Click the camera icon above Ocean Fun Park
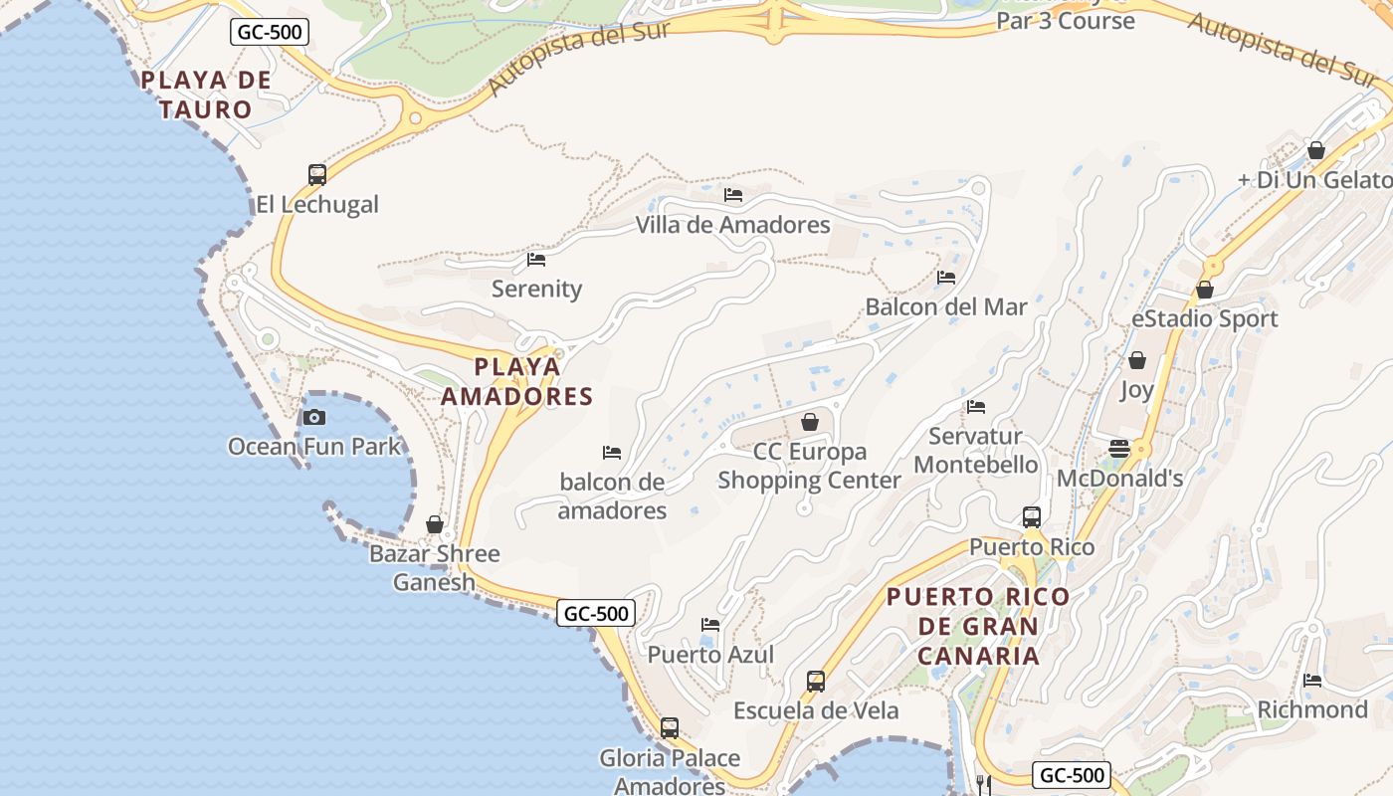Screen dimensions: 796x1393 [314, 417]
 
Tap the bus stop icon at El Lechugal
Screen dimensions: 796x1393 [317, 175]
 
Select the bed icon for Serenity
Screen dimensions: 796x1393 [536, 260]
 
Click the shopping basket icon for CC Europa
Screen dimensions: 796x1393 [810, 422]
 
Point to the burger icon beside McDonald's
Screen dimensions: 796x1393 [1119, 448]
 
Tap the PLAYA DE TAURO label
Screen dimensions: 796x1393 [206, 95]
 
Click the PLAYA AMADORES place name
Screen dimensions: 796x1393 [516, 381]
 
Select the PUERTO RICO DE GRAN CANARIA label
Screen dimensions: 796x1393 [978, 626]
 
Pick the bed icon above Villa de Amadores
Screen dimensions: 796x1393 [733, 195]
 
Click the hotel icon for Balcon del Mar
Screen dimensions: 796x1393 [945, 277]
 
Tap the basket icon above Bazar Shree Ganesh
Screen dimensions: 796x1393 [435, 523]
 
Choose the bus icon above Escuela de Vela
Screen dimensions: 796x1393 [816, 681]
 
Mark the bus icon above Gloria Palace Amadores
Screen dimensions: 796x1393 [670, 727]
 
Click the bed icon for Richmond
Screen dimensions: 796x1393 [1312, 681]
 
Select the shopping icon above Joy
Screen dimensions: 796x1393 [1137, 359]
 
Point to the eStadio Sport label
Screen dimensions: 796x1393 [1204, 319]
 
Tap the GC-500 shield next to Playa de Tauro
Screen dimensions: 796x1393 [270, 32]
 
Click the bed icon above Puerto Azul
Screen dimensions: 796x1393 [710, 625]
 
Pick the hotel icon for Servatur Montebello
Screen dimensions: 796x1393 [976, 406]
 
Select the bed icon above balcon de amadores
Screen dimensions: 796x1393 [612, 453]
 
